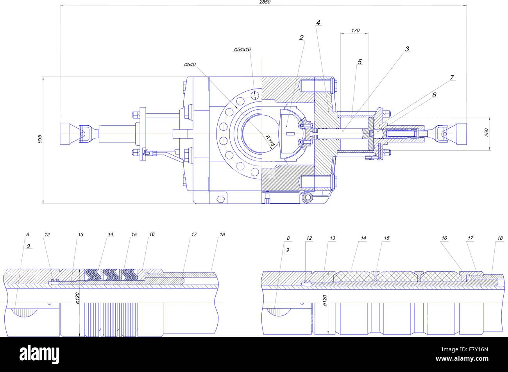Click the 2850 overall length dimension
click(265, 2)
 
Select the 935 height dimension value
click(40, 139)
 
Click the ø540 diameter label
click(190, 64)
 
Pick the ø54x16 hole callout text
click(242, 50)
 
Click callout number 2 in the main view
click(301, 38)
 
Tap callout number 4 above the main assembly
click(318, 23)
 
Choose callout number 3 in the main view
click(407, 49)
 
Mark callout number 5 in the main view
click(360, 62)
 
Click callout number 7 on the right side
click(451, 78)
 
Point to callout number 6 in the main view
click(434, 95)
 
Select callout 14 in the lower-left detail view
click(111, 234)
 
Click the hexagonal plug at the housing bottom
click(220, 199)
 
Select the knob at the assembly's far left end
click(69, 133)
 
